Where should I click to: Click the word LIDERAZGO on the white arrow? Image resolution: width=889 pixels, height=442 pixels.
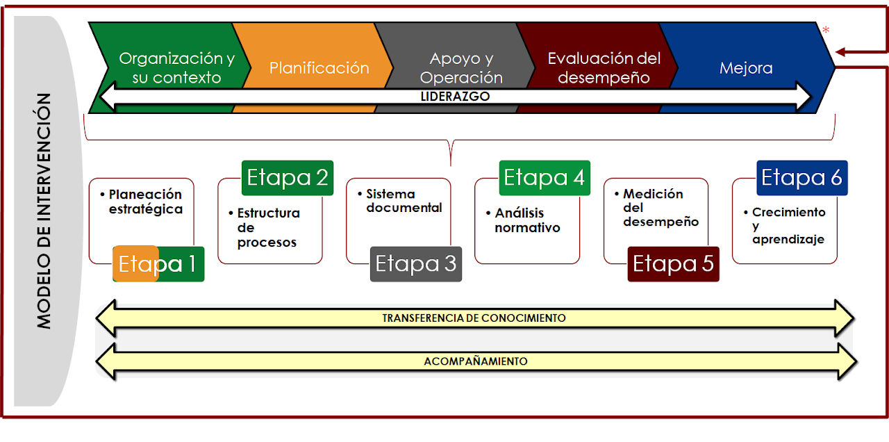[455, 97]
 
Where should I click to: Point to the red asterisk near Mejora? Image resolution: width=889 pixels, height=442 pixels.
[826, 30]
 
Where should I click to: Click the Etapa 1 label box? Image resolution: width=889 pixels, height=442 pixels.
[158, 264]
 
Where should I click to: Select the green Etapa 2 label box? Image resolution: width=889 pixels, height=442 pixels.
[288, 177]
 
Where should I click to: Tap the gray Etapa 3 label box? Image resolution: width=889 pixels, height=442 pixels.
[416, 264]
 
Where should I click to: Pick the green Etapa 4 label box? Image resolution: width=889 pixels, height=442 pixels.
[545, 177]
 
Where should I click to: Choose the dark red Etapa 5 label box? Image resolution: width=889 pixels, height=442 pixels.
[674, 264]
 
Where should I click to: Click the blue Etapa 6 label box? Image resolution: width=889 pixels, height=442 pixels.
[802, 177]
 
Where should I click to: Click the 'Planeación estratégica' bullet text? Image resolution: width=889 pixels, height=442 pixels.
[142, 202]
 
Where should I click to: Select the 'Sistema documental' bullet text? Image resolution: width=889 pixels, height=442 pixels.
[399, 201]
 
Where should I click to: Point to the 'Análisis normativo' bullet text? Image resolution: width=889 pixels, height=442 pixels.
[523, 220]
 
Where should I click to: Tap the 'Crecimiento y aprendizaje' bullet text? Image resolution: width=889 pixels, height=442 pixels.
[785, 226]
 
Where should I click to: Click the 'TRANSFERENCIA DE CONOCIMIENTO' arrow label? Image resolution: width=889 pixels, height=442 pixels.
[474, 318]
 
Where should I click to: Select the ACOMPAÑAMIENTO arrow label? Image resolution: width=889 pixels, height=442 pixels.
[476, 361]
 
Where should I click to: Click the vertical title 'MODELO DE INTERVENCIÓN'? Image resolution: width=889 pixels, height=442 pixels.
[44, 211]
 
